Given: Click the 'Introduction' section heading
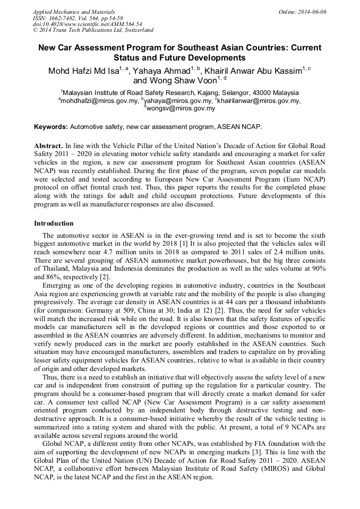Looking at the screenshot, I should click(x=54, y=223).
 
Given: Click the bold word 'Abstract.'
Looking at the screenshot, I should click(x=48, y=145).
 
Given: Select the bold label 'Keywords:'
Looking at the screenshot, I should click(x=51, y=127).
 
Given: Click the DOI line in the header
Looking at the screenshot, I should click(x=87, y=24).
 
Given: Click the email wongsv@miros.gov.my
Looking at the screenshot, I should click(x=181, y=108).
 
